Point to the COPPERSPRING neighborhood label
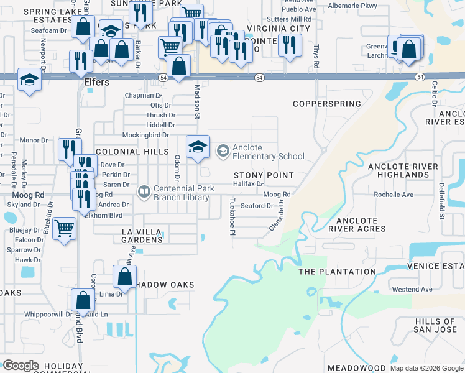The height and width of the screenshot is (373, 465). click(326, 104)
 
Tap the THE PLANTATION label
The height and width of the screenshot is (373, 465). click(338, 272)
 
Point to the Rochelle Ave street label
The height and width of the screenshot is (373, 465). click(394, 195)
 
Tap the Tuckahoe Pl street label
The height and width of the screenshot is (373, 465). click(233, 216)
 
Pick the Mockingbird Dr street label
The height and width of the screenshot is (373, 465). click(145, 135)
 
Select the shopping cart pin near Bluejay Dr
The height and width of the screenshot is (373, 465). click(65, 229)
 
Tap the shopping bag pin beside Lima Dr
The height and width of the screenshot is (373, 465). click(125, 277)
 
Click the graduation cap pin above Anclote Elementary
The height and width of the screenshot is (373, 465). click(198, 147)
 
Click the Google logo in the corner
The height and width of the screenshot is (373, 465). click(21, 366)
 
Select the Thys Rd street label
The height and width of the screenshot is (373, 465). click(316, 56)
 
